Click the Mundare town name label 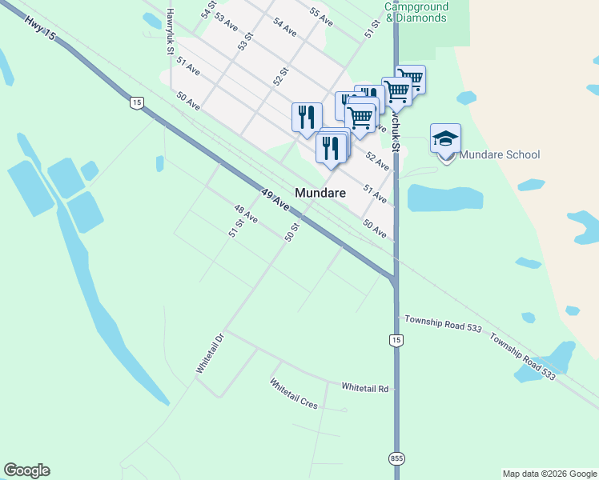coord(320,193)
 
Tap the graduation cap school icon coord(445,139)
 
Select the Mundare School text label coord(501,154)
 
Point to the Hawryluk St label coord(170,32)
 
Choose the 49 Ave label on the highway coord(275,199)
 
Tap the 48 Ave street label coord(245,214)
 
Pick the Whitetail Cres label coord(294,394)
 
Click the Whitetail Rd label coord(364,388)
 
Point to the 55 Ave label coord(320,17)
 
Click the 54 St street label coord(209,10)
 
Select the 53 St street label coord(245,42)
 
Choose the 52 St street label coord(280,76)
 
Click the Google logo coord(26,470)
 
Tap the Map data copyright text coord(549,474)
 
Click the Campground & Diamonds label coord(416,12)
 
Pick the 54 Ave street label coord(284,26)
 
